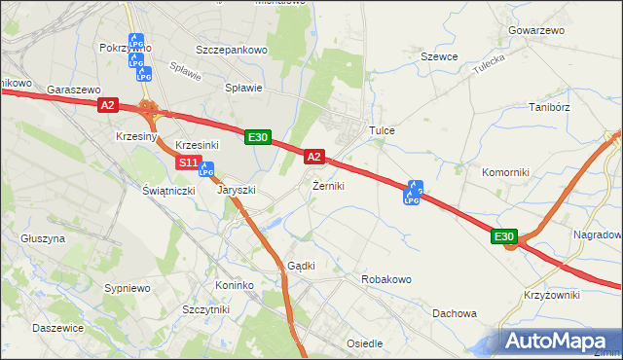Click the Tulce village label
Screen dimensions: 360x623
pos(381,129)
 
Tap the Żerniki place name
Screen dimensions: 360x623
pos(328,186)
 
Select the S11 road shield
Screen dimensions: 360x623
pos(188,162)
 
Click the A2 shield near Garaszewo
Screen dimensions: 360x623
pos(108,105)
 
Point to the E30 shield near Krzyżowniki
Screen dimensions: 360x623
pos(503,236)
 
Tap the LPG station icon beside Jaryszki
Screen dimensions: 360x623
pos(205,169)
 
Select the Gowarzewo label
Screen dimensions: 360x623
pos(535,31)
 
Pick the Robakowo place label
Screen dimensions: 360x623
pos(386,279)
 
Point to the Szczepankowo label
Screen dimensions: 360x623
pos(231,49)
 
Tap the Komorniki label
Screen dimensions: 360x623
pos(505,172)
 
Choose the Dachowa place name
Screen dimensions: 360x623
pos(455,313)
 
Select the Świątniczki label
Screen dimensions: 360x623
pos(168,191)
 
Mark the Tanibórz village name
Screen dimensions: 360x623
pos(548,107)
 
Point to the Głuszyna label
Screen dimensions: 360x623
pos(42,237)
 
